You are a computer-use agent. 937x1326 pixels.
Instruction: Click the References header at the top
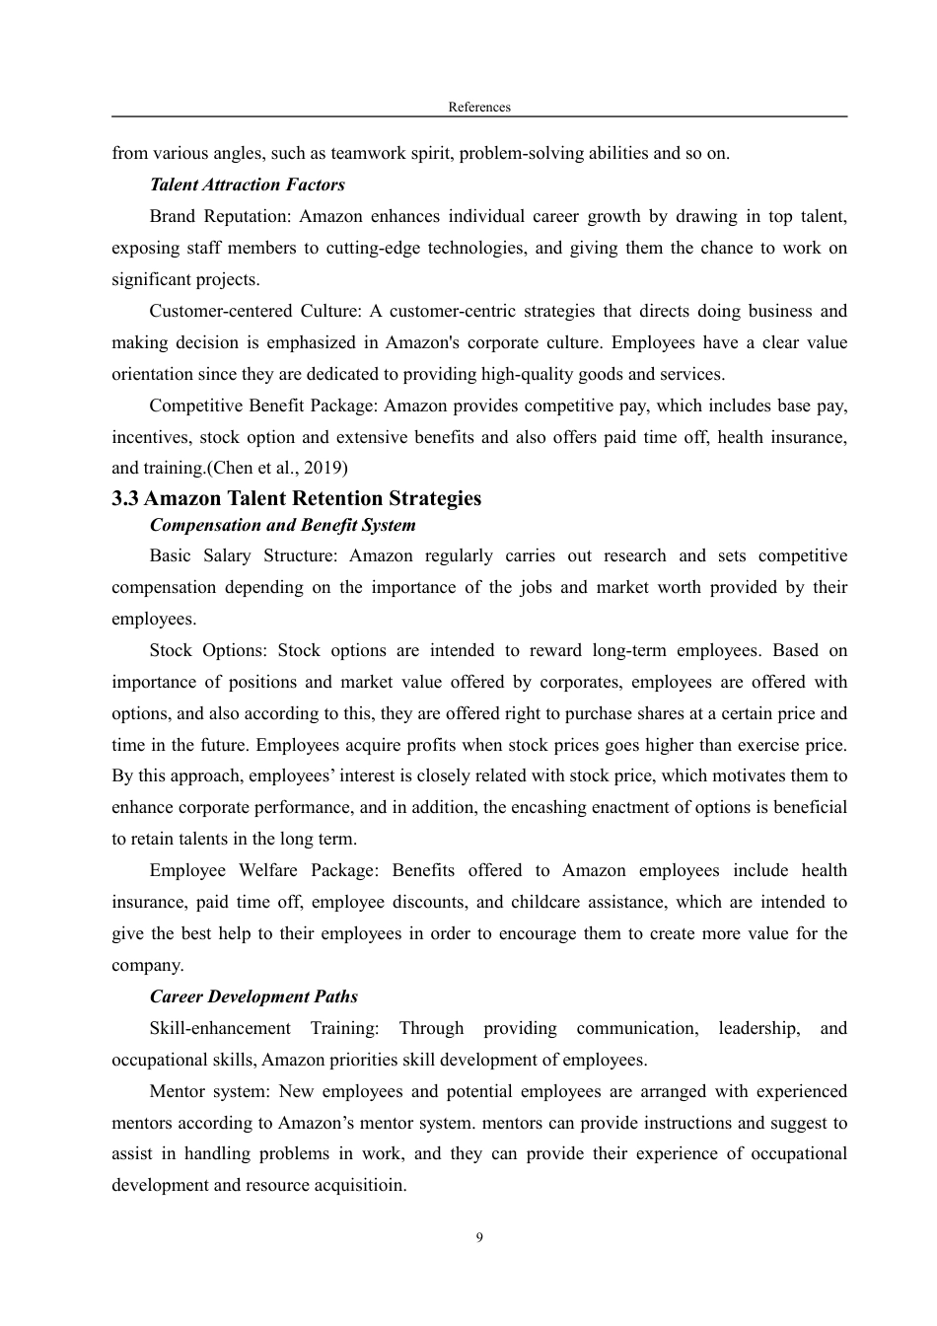(479, 107)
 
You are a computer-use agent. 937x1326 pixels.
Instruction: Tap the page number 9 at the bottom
(479, 1238)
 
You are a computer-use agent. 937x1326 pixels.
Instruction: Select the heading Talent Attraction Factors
(247, 184)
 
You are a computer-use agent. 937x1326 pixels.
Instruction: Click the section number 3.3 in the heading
(125, 498)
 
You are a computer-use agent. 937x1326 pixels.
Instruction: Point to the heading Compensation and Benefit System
(282, 525)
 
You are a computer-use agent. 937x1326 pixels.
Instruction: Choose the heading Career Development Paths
(253, 996)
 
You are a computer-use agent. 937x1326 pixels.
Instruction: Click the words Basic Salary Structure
(242, 555)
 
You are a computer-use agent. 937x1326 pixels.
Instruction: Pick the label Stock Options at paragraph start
(206, 650)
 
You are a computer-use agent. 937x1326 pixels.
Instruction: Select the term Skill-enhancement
(220, 1028)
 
